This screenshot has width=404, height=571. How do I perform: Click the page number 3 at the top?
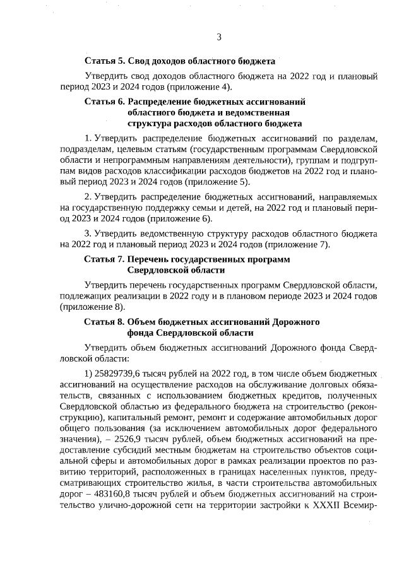click(219, 37)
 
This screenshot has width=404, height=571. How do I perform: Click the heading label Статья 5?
click(104, 61)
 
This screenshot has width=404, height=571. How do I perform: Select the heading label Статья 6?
click(104, 101)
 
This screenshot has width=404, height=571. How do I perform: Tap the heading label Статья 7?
click(104, 259)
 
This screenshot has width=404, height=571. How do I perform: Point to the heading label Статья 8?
click(104, 322)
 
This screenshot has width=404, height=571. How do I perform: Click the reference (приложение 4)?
click(205, 86)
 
